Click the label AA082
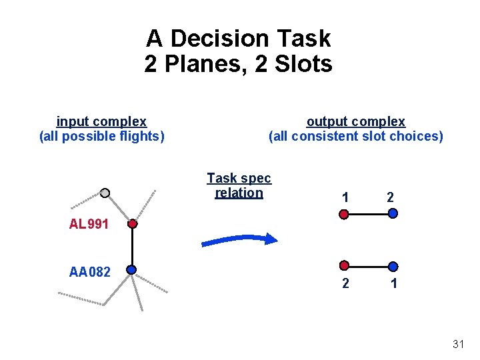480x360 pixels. [x=90, y=271]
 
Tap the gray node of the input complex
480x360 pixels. [x=105, y=193]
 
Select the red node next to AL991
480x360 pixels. [x=133, y=224]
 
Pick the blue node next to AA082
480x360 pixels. [x=131, y=270]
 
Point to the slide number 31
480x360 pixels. [x=458, y=344]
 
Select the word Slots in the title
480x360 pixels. [x=304, y=65]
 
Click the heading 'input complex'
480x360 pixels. [x=101, y=121]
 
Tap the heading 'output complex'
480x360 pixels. [x=355, y=121]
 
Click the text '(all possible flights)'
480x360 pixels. [x=101, y=137]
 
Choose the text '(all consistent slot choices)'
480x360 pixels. [x=355, y=137]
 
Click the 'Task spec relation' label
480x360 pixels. [x=239, y=185]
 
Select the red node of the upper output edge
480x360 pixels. [x=344, y=214]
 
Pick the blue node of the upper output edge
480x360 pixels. [x=393, y=214]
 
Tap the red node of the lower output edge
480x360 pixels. [x=344, y=265]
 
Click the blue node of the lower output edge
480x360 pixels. [x=393, y=265]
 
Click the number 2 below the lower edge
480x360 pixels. [x=345, y=283]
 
